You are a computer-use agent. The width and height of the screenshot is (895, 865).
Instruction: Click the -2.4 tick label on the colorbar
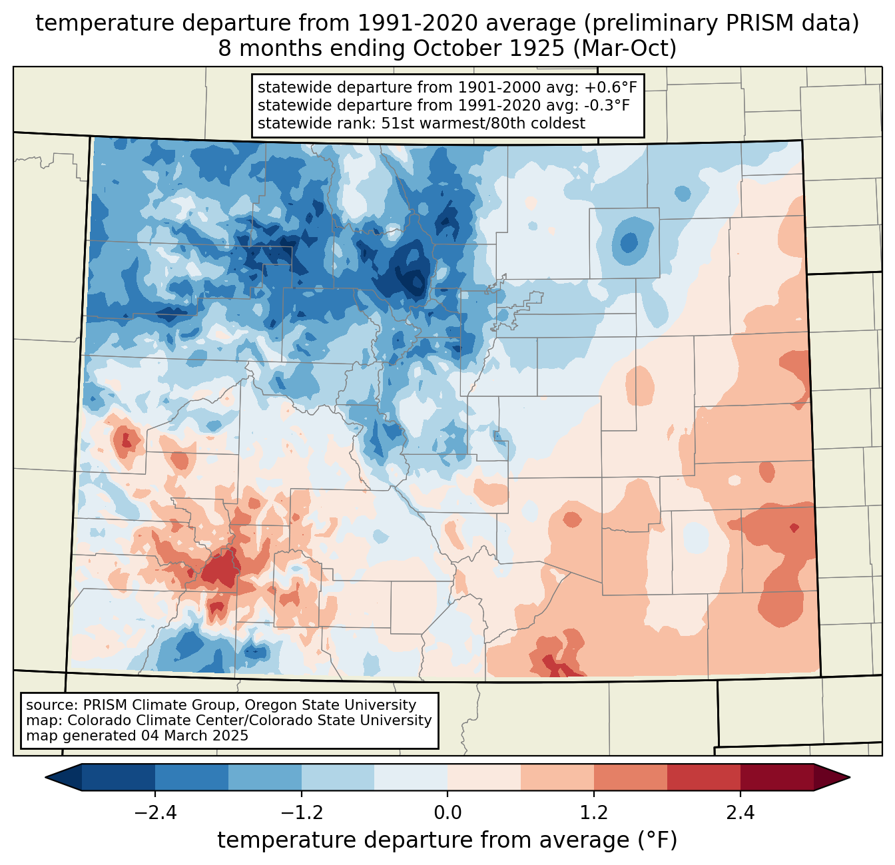coord(155,813)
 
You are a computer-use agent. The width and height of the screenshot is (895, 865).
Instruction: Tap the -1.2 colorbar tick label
coord(301,813)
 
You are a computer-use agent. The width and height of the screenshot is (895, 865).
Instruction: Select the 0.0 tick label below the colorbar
coord(447,813)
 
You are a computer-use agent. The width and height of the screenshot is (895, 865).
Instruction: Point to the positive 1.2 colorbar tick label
coord(594,813)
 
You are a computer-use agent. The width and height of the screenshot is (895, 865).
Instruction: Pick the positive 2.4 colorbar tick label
coord(740,813)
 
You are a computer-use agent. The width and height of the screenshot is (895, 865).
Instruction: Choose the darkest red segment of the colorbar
coord(776,777)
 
